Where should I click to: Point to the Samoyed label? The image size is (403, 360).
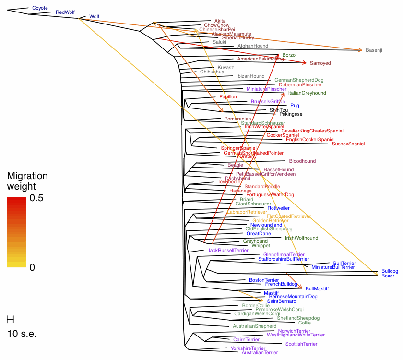coord(320,63)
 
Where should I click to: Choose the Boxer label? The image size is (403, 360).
coord(388,276)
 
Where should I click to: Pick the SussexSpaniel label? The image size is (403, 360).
coord(348,144)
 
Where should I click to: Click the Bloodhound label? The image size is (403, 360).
coord(302,161)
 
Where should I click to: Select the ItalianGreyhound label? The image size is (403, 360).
coord(307,93)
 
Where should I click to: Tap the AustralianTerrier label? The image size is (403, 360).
coord(260,353)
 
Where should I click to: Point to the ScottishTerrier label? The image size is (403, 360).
coord(301,344)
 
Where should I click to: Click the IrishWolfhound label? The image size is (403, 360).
coord(301,238)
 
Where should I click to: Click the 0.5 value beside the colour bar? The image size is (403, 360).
coord(36,198)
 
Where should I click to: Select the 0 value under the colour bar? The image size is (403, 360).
coord(32,268)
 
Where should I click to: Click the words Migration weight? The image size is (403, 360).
coord(27,181)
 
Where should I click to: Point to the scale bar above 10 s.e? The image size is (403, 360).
coord(10,319)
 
